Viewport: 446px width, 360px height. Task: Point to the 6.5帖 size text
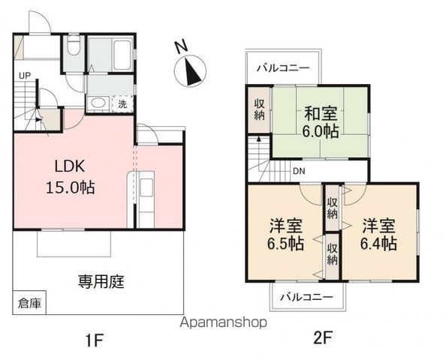(x=287, y=245)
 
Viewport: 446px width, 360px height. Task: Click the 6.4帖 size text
(x=380, y=245)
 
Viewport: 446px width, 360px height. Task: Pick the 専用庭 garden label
(x=101, y=282)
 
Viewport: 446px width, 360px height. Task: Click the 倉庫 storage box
(x=30, y=304)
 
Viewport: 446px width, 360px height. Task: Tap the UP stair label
(x=25, y=75)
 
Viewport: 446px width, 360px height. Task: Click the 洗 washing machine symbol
(x=122, y=104)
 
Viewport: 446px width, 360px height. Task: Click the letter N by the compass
(x=180, y=46)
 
